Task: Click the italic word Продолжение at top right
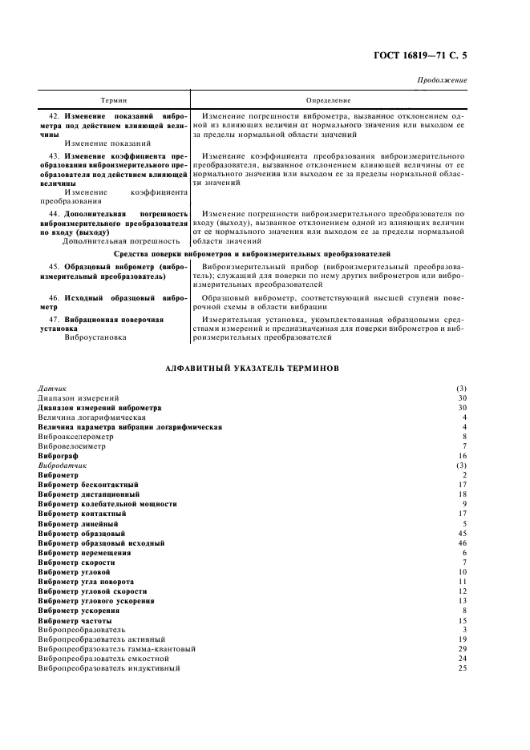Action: coord(443,81)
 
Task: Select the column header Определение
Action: coord(329,101)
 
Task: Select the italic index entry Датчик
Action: coord(51,388)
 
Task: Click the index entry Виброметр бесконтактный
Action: coord(88,485)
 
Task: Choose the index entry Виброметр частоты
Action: coord(75,621)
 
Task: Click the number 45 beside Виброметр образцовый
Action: coord(462,533)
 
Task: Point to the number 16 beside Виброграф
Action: coord(462,454)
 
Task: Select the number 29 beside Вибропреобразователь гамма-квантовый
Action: coord(462,648)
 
